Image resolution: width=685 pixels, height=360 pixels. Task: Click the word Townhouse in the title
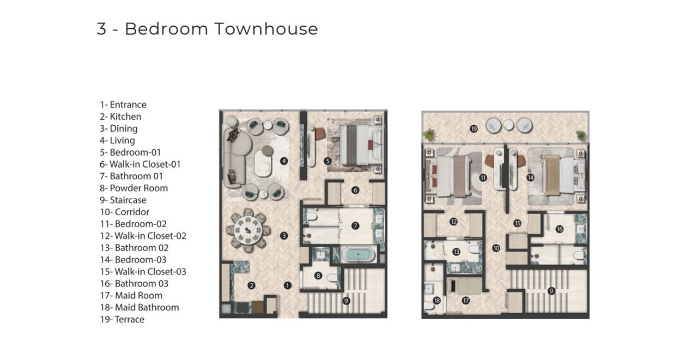[x=266, y=29]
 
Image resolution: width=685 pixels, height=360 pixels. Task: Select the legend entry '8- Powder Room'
[x=134, y=188]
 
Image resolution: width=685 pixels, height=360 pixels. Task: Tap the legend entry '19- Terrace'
[x=122, y=319]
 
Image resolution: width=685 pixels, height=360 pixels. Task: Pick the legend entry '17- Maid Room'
[x=131, y=296]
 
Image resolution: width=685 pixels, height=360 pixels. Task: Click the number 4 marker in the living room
[x=284, y=161]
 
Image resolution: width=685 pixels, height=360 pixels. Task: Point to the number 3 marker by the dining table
[x=284, y=236]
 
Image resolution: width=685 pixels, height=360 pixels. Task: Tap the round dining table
[x=248, y=230]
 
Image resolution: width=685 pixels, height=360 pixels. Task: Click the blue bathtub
[x=358, y=254]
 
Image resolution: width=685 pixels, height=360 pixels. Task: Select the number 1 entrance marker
[x=287, y=285]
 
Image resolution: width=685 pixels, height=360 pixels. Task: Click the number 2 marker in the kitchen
[x=251, y=286]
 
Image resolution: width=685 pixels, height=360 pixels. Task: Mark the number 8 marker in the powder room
[x=318, y=276]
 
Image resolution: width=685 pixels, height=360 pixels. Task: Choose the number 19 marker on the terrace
[x=474, y=129]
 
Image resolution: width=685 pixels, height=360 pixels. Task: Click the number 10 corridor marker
[x=496, y=248]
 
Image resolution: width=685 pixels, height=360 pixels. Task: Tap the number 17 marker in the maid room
[x=466, y=301]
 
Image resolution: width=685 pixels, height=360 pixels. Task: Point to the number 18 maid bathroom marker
[x=437, y=301]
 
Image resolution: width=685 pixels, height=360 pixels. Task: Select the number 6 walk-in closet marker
[x=355, y=190]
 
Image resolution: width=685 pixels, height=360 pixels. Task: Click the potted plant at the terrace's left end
[x=429, y=135]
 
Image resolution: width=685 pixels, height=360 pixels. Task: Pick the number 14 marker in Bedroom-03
[x=531, y=177]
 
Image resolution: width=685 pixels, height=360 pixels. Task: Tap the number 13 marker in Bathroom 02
[x=456, y=252]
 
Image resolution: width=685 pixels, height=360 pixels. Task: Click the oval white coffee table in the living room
[x=263, y=163]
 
